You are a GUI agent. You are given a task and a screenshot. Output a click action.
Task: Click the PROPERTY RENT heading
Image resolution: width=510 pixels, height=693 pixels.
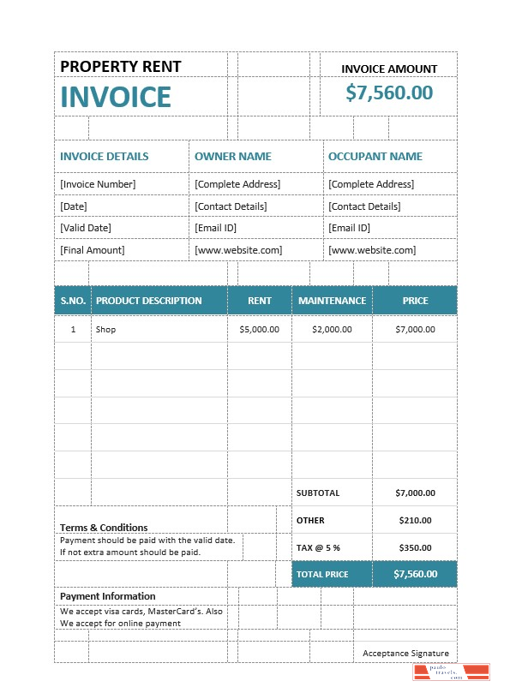(x=121, y=67)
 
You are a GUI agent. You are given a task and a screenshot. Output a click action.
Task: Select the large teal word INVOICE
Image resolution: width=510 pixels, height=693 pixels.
(x=116, y=98)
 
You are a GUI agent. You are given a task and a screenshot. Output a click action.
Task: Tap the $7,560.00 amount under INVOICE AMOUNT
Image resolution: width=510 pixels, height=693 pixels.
(x=389, y=93)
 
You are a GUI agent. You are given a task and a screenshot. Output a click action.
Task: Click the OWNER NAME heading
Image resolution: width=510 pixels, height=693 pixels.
(x=232, y=157)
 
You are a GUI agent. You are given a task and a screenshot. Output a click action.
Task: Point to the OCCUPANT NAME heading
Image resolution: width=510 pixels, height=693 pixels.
(x=375, y=157)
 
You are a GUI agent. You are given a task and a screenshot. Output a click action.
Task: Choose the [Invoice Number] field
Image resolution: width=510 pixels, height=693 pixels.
(x=98, y=184)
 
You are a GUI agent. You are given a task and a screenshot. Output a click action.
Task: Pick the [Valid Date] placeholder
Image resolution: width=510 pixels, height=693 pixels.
(x=86, y=228)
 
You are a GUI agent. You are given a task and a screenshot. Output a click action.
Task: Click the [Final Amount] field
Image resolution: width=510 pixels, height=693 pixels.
(x=92, y=250)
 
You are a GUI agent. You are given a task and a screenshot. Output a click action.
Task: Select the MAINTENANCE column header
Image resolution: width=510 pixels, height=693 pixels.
(x=332, y=301)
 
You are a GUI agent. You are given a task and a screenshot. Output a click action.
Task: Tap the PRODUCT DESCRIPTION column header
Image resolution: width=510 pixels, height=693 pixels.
(x=149, y=301)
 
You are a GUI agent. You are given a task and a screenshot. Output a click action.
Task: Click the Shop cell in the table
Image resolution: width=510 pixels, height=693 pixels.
(x=105, y=329)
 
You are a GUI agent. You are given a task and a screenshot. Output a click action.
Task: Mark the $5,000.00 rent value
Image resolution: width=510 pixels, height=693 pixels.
(x=259, y=329)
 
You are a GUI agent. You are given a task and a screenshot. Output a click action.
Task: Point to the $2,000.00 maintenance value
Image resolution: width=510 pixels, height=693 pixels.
(x=332, y=329)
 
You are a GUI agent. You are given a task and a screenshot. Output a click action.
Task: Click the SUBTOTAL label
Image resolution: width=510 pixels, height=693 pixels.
(x=318, y=493)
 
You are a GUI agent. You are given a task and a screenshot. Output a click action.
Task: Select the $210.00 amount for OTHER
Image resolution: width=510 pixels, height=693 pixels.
(x=415, y=520)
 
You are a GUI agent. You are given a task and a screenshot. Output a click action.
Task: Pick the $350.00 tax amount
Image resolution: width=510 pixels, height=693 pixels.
(x=415, y=547)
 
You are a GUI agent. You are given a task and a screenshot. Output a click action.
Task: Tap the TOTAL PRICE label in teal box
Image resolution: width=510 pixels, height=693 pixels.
(x=322, y=574)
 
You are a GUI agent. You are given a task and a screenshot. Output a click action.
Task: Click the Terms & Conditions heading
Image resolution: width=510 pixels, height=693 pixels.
(x=104, y=528)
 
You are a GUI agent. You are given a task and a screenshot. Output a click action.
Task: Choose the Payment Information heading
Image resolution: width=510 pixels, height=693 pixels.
(x=108, y=596)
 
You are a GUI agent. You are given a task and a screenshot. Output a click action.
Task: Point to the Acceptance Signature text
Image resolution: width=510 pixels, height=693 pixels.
(x=405, y=654)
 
